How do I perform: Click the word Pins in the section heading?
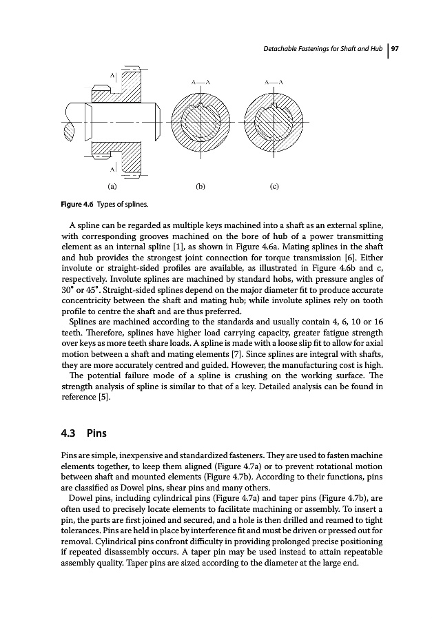pyautogui.click(x=94, y=435)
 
